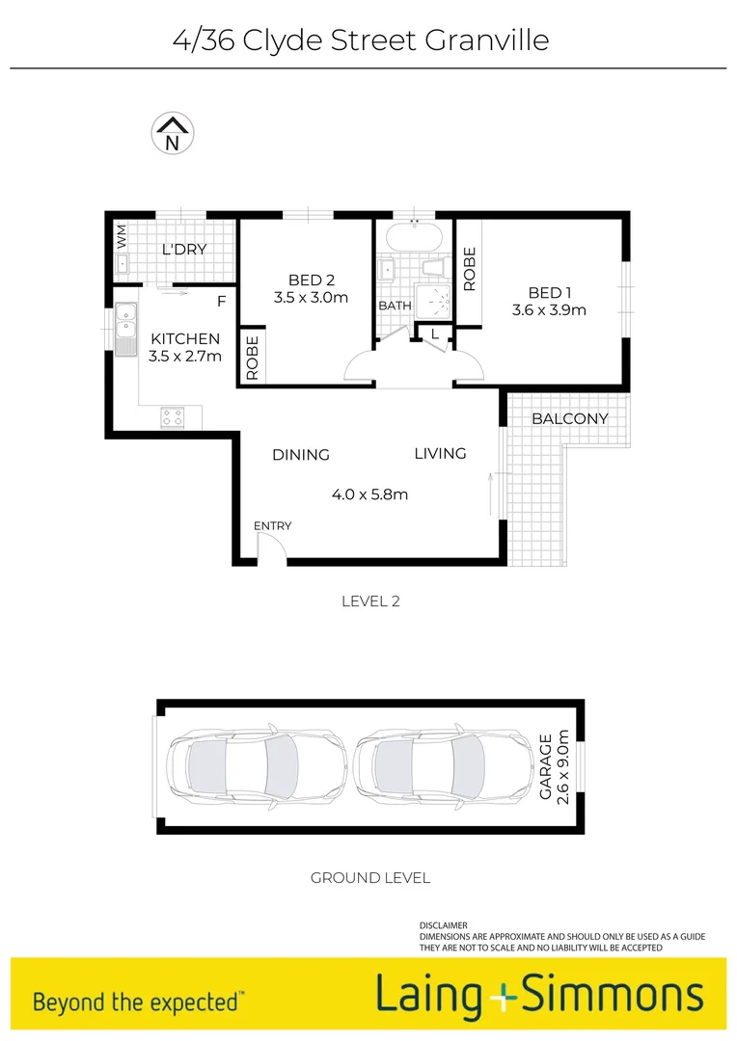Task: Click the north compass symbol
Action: pos(173,134)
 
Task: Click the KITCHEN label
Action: pos(185,339)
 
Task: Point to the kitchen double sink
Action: pos(125,330)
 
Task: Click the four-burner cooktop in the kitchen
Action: pos(173,417)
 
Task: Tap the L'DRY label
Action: pos(184,250)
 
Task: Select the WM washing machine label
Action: pos(122,234)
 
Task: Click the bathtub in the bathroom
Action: pos(414,235)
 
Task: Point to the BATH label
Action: pos(395,306)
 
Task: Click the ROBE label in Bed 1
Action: pos(470,269)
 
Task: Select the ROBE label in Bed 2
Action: pos(253,359)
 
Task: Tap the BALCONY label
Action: pos(570,418)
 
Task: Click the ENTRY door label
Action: pos(272,525)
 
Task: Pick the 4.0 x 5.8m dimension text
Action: pos(369,494)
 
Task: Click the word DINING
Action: pos(301,455)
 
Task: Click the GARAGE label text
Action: pos(545,767)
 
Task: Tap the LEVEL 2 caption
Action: pos(370,601)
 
